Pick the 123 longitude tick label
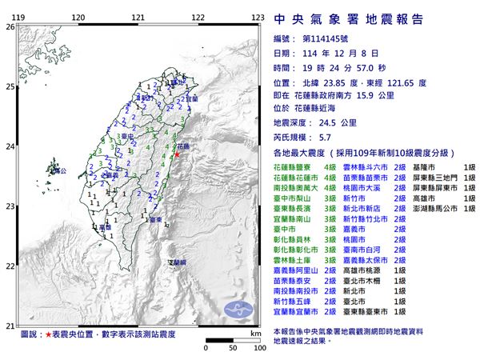pos(258,17)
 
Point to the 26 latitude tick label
pos(10,26)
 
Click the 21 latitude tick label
pos(10,325)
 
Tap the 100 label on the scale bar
pos(258,350)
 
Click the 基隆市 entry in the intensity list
pos(436,162)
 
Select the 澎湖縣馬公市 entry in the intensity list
pos(445,208)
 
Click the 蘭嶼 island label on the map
pos(178,262)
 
